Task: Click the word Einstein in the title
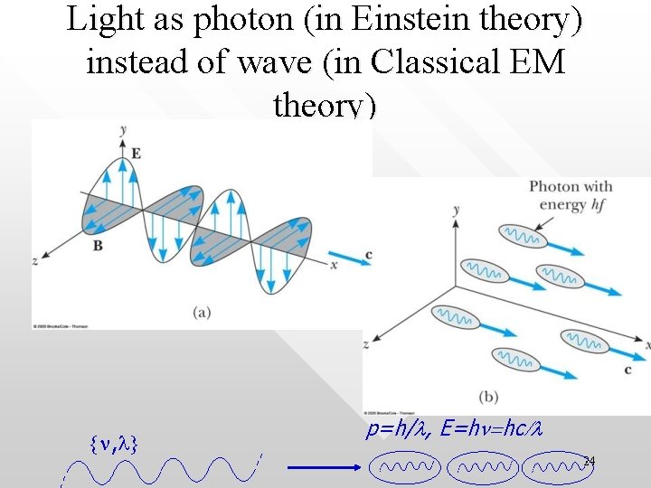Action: [x=418, y=21]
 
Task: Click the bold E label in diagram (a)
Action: [x=136, y=154]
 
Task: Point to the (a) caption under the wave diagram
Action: [x=202, y=313]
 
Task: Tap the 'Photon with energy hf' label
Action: [x=571, y=195]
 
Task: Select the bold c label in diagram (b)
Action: [x=627, y=370]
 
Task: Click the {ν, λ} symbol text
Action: [x=113, y=443]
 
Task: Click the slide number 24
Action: [x=589, y=462]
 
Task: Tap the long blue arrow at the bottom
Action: [x=323, y=468]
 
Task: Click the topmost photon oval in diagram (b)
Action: [x=523, y=236]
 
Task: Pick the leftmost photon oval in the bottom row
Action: [x=406, y=467]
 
